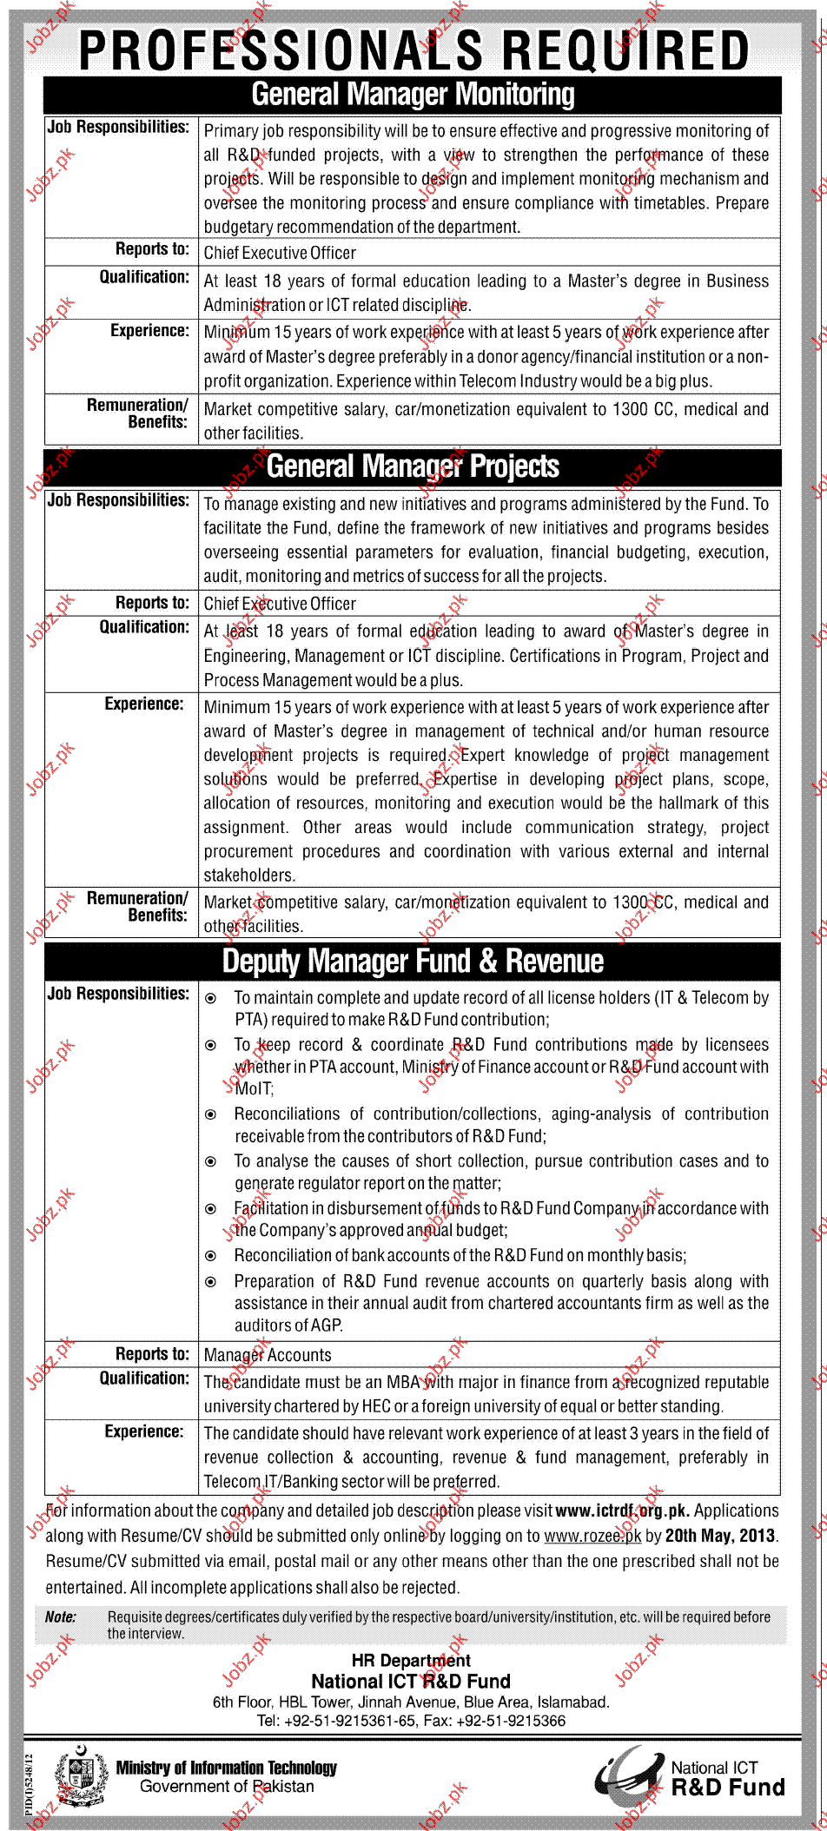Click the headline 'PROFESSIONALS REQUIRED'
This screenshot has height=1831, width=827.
coord(414,50)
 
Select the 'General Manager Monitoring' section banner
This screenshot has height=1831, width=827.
coord(413,95)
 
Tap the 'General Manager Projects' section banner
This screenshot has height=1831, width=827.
coord(413,466)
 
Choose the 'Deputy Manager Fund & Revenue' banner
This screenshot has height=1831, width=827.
coord(413,962)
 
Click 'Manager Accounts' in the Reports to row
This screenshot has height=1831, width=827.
coord(268,1355)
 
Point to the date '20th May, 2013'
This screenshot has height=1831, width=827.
coord(720,1536)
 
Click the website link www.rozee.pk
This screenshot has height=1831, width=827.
coord(592,1536)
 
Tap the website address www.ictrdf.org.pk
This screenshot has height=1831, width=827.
coord(622,1510)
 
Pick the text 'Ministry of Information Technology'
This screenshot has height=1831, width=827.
coord(226,1768)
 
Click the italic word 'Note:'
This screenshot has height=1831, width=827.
coord(61,1616)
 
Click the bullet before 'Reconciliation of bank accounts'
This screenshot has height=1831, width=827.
coord(210,1256)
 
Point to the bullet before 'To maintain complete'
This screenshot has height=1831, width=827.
coord(210,999)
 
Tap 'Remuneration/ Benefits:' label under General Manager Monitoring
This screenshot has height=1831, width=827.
coord(137,413)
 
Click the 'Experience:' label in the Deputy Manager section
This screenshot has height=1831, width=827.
coord(144,1431)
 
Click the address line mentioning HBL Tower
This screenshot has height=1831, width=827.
coord(411,1702)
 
